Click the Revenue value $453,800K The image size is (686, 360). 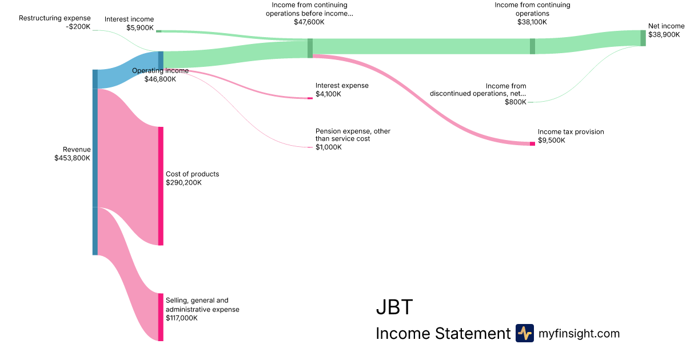(73, 158)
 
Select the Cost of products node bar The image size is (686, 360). (161, 186)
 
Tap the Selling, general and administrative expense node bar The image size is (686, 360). (161, 317)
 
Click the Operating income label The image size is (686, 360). (160, 71)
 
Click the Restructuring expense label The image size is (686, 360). (55, 18)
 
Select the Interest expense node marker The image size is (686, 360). (310, 98)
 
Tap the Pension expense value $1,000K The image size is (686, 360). (329, 147)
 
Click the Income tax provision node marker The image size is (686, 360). (532, 143)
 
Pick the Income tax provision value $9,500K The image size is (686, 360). (552, 140)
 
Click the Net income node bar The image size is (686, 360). (643, 38)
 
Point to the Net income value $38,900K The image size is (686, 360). (664, 34)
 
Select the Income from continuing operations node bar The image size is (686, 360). (532, 46)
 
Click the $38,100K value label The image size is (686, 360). (532, 22)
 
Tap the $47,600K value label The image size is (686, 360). (309, 22)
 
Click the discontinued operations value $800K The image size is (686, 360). (516, 102)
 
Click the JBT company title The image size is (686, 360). (394, 307)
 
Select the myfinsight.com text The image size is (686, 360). (579, 334)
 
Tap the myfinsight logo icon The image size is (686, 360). (524, 333)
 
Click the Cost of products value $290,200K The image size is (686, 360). (184, 183)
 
